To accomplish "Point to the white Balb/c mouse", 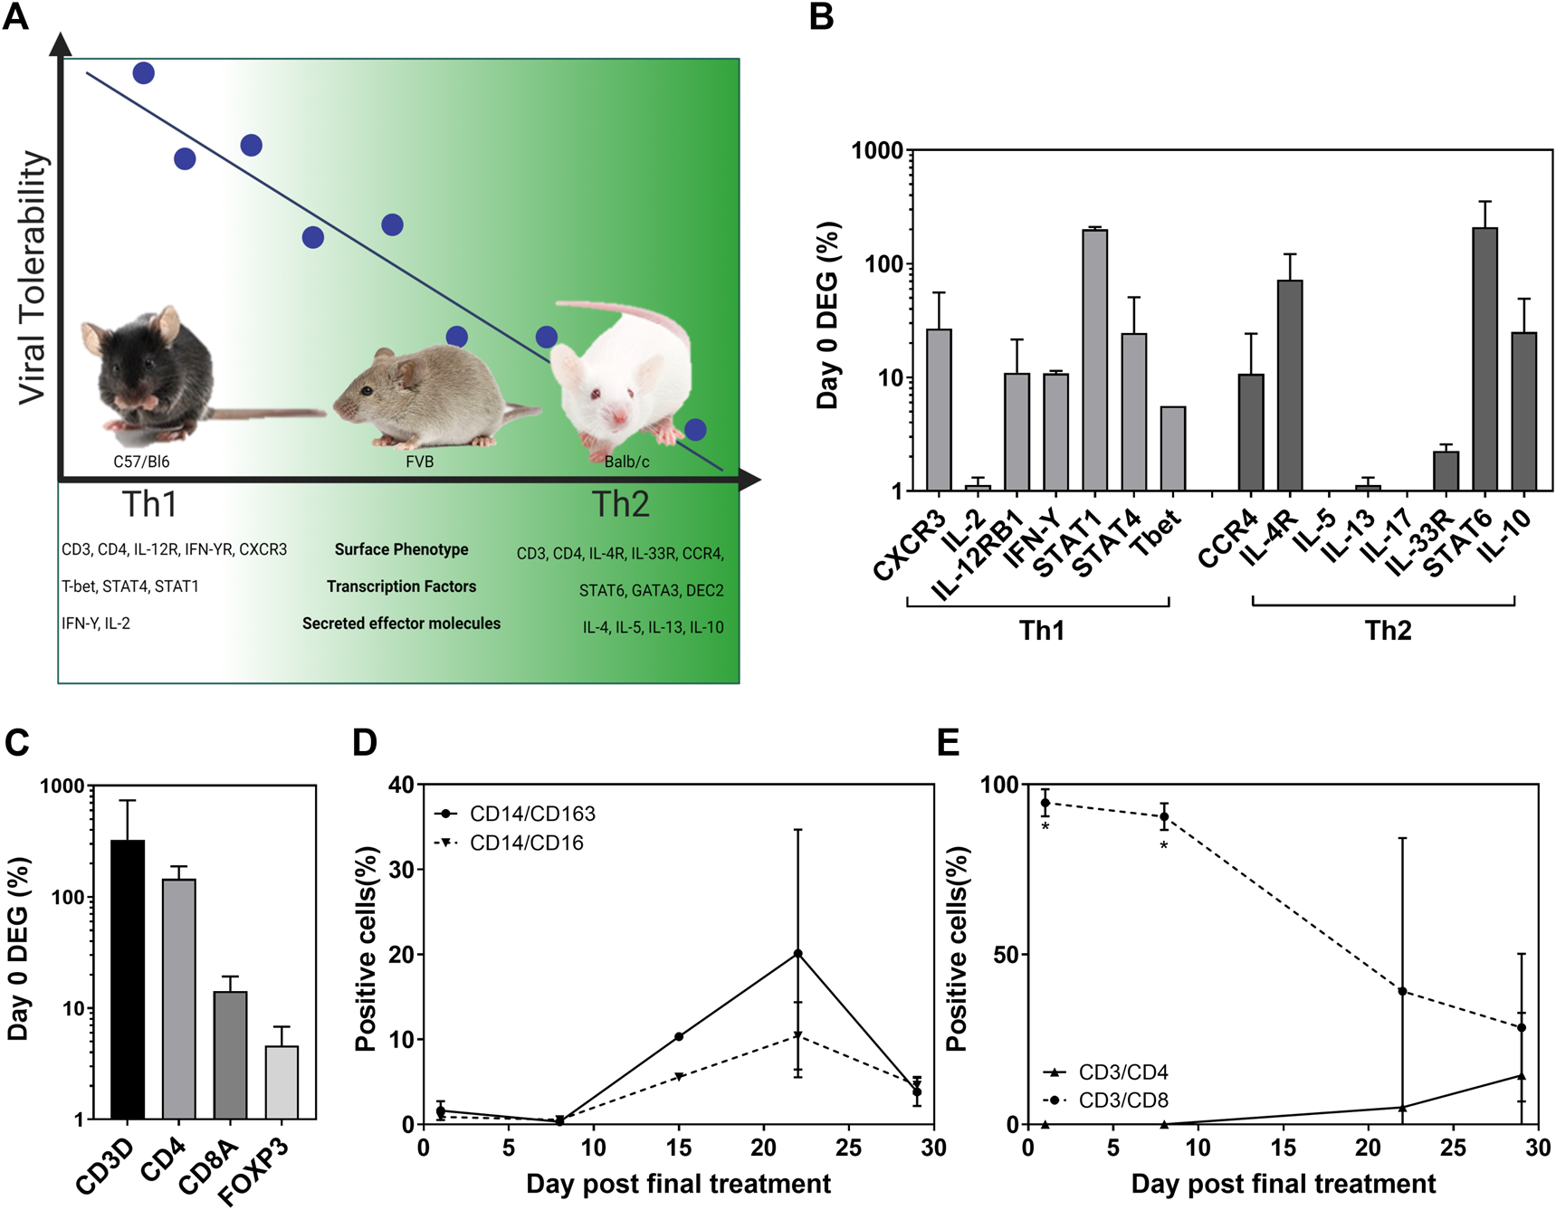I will [625, 371].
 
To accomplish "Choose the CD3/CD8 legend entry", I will [1122, 1100].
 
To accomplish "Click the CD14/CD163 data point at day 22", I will [797, 954].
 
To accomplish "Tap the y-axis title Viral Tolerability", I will [33, 277].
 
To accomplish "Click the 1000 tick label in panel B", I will [877, 150].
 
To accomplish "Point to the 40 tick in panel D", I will [401, 785].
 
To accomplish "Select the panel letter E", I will [948, 743].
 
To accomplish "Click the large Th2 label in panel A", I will [620, 504].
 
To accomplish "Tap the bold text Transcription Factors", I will [401, 586].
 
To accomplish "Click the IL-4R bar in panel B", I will [1290, 386].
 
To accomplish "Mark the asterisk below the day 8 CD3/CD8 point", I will [1163, 846].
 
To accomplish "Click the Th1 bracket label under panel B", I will [1041, 630].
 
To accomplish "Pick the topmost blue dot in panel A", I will [143, 73].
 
